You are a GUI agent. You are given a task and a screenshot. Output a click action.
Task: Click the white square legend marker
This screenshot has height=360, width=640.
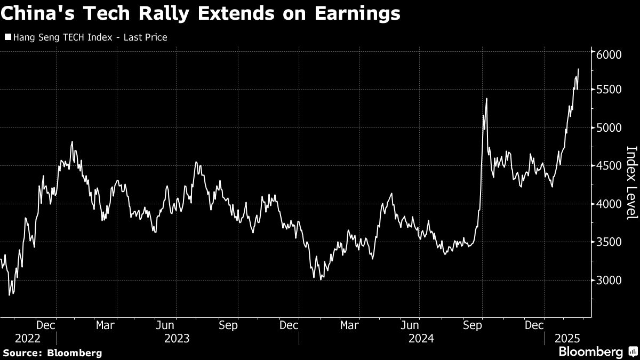pyautogui.click(x=7, y=37)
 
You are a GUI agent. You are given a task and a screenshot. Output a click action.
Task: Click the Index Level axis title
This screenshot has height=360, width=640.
pyautogui.click(x=631, y=182)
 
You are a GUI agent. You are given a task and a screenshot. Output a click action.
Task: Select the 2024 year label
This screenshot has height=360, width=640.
pyautogui.click(x=421, y=338)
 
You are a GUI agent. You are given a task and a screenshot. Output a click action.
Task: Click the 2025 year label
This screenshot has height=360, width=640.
pyautogui.click(x=567, y=338)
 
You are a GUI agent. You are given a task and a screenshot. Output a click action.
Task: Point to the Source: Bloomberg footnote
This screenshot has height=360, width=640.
pyautogui.click(x=52, y=353)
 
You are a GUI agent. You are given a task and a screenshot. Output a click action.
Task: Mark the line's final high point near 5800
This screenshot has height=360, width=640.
pyautogui.click(x=578, y=69)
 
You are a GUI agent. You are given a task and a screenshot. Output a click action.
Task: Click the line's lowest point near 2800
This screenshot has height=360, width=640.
pyautogui.click(x=10, y=294)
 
